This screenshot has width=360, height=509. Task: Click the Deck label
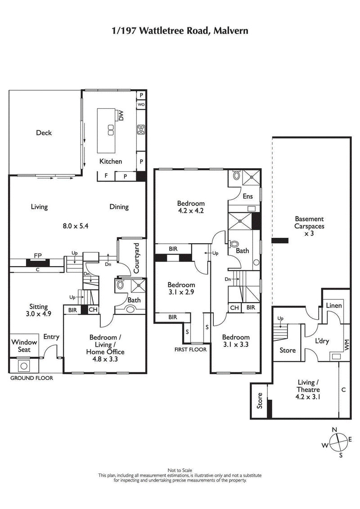44,133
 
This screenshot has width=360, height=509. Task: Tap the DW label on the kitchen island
121,116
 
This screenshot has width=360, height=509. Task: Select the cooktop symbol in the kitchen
141,129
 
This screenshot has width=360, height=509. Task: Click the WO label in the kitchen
141,105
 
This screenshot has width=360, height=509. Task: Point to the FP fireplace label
38,255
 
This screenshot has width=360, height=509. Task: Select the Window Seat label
24,345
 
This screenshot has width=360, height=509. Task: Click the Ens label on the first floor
247,196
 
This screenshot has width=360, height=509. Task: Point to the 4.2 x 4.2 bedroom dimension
191,210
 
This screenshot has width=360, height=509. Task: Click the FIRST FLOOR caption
191,349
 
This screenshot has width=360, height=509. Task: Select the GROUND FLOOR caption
31,378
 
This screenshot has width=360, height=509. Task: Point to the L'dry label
322,341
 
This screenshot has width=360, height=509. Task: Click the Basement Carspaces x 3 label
309,227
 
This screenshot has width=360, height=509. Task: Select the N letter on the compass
334,430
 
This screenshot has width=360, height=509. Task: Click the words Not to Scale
180,470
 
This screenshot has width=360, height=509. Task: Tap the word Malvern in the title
231,31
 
